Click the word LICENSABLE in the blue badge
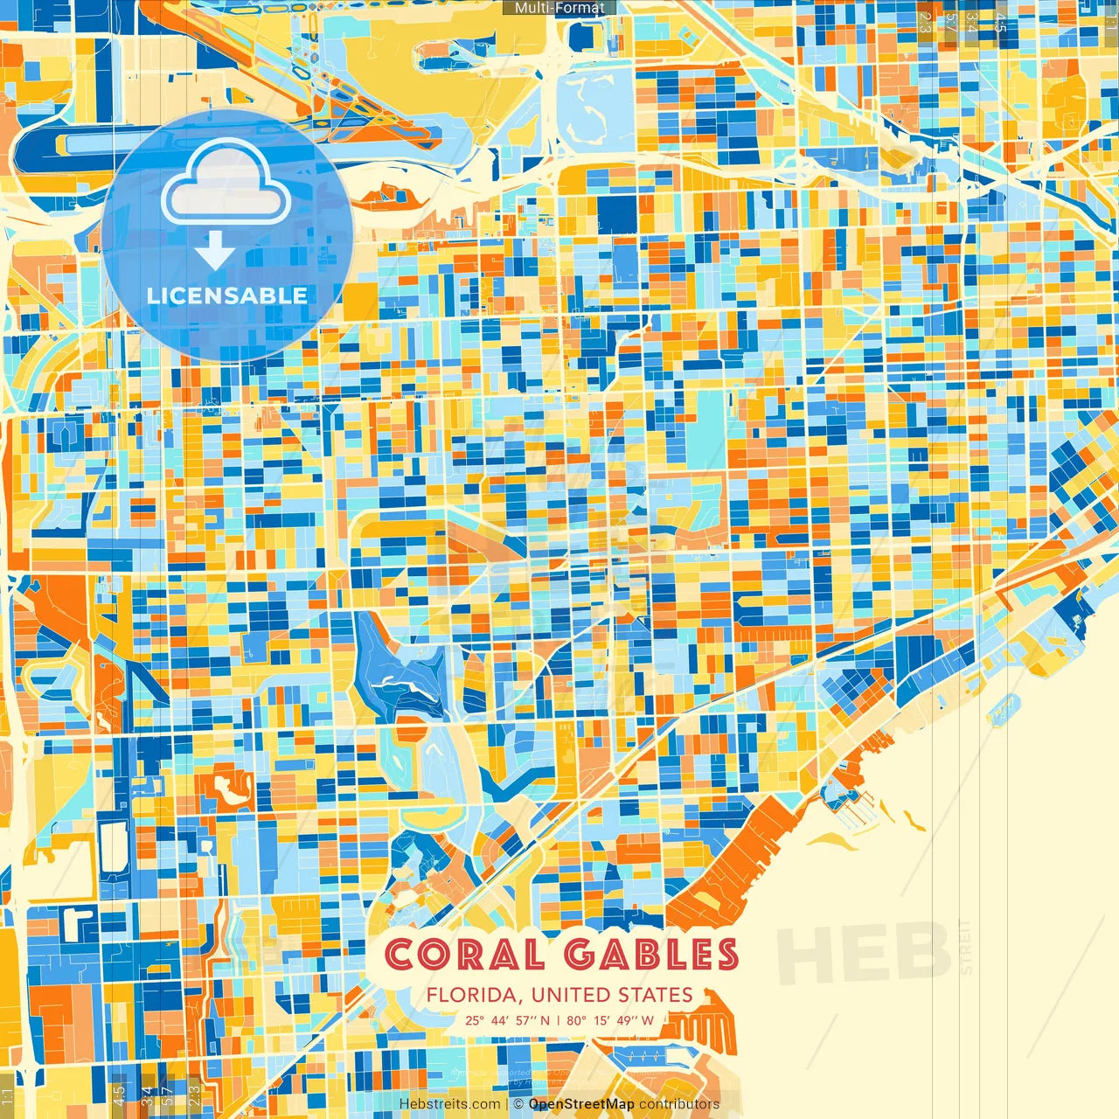point(227,295)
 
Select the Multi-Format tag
point(559,8)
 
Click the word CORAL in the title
point(463,955)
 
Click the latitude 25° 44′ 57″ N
point(508,1019)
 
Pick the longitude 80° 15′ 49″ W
point(610,1019)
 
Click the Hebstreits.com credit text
point(450,1104)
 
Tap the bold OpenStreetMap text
point(581,1104)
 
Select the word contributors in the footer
point(679,1104)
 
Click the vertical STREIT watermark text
point(965,947)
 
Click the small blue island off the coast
point(1004,709)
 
